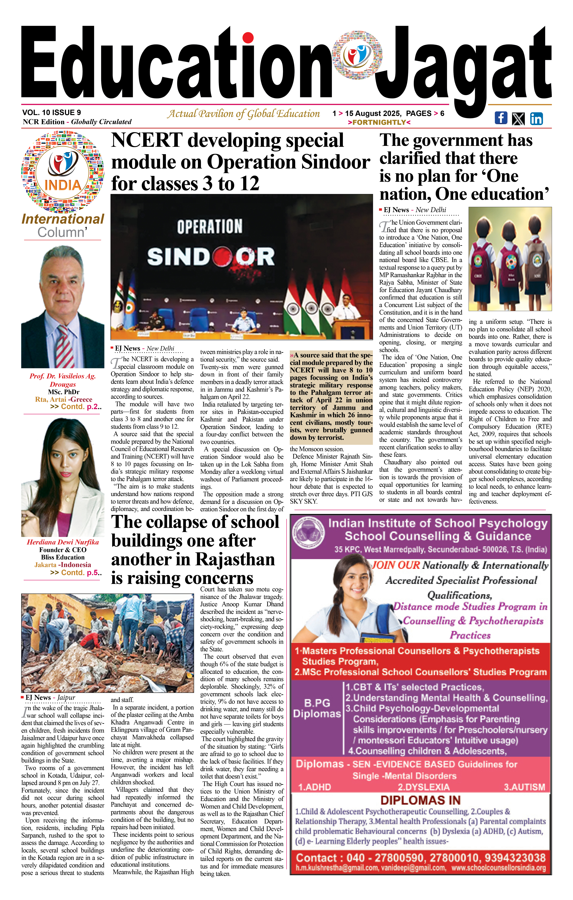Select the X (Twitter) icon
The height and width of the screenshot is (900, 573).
[x=518, y=118]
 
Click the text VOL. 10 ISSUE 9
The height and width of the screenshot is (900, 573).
[x=52, y=112]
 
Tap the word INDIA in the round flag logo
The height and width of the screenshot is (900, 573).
[x=63, y=185]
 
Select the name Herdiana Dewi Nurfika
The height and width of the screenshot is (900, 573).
[x=63, y=542]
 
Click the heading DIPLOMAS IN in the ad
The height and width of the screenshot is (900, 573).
[x=421, y=801]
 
